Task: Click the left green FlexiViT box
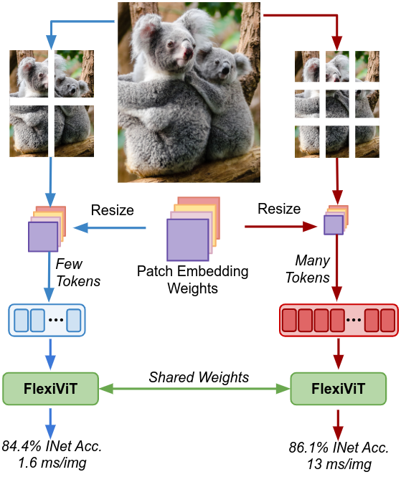click(50, 389)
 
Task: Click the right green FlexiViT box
click(339, 389)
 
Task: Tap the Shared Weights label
click(199, 377)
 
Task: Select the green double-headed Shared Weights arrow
click(194, 389)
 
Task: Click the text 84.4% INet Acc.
click(52, 446)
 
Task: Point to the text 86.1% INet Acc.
click(339, 448)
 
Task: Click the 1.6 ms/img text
click(52, 463)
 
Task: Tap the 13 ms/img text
click(339, 465)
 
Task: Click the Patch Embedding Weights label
click(192, 280)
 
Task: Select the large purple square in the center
click(188, 240)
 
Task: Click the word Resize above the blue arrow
click(113, 210)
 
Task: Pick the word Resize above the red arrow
click(279, 209)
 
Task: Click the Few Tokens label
click(78, 273)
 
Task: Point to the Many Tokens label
click(308, 269)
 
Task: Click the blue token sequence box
click(47, 320)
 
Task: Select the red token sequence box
click(339, 320)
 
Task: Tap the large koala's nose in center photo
click(188, 52)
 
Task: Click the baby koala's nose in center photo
click(225, 70)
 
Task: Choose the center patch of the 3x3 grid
click(337, 104)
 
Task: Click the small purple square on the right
click(334, 225)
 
